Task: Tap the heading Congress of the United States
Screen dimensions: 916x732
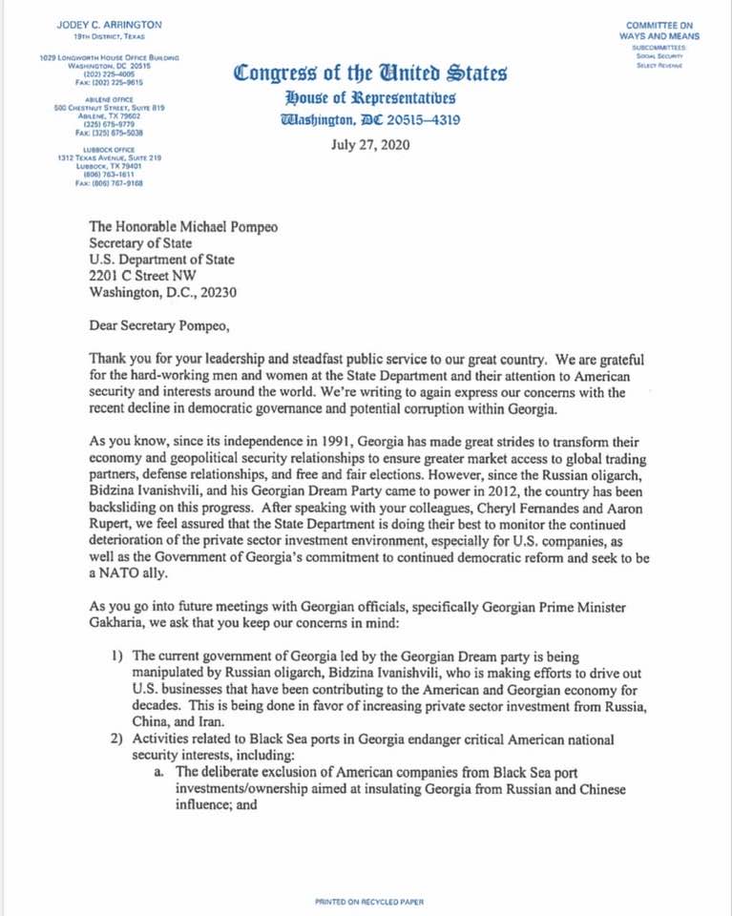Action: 369,74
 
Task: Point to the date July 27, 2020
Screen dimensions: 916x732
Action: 368,146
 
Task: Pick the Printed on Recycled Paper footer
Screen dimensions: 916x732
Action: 369,901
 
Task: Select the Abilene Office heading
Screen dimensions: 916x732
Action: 105,98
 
